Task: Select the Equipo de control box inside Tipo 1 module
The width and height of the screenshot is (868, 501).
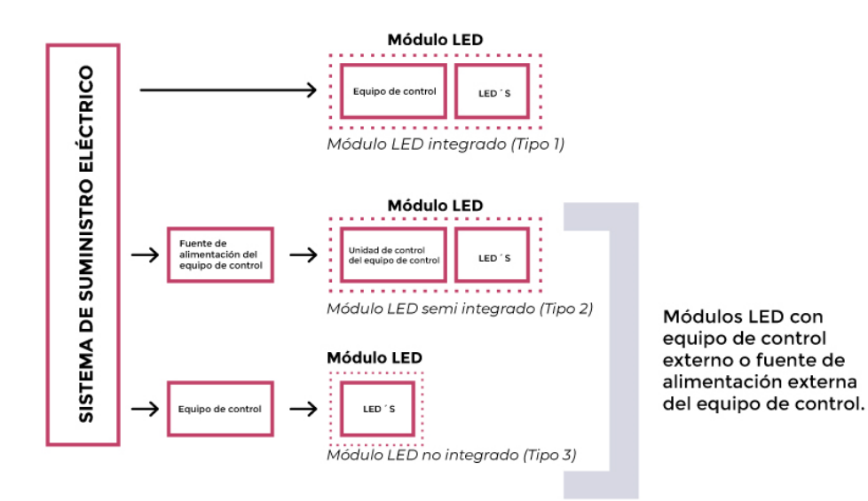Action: coord(394,90)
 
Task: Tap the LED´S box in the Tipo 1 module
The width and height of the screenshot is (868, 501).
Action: coord(493,90)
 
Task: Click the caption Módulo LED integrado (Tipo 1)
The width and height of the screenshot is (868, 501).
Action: coord(446,144)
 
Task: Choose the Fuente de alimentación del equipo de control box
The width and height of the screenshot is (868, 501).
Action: coord(220,255)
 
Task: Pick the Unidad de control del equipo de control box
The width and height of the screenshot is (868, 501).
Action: coord(394,255)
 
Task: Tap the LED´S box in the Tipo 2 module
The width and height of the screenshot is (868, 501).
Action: coord(493,256)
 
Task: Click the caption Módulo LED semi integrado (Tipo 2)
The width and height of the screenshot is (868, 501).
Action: coord(459,309)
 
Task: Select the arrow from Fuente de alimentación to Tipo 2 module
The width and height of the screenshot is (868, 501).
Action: coord(304,255)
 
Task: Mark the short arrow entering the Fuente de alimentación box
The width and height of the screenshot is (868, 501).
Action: coord(143,255)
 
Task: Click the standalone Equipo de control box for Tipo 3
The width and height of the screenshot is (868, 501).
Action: coord(220,409)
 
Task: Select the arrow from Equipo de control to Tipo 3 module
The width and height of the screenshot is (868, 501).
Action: coord(304,409)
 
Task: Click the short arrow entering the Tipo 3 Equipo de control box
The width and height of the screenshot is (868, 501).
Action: coord(143,409)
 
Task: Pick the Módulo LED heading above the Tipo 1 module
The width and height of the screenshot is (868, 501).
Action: coord(435,40)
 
